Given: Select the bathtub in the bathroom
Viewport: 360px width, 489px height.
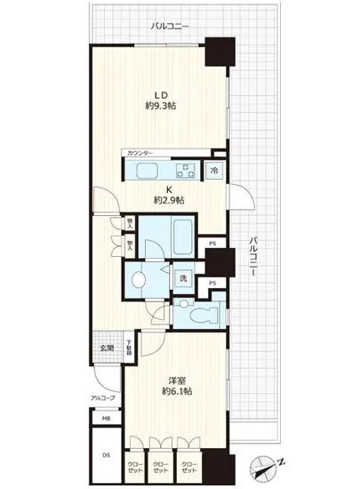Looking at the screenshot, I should (168, 234).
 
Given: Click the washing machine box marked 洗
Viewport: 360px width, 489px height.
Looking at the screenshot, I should (183, 277).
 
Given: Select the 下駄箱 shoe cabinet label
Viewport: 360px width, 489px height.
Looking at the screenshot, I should (130, 349).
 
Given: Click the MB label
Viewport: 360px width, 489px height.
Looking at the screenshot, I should (106, 418).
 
